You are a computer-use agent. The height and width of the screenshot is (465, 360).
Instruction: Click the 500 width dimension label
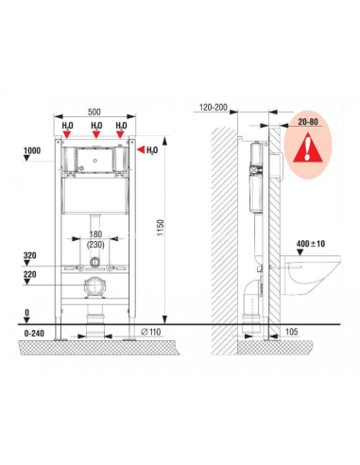coord(94,112)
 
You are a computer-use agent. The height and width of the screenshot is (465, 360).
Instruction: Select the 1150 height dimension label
coord(161,228)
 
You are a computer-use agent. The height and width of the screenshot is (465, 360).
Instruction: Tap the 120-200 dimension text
coord(214,108)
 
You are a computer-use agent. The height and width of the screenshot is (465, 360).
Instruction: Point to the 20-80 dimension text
coord(308,122)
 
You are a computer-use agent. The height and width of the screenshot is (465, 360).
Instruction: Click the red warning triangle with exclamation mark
coord(307,147)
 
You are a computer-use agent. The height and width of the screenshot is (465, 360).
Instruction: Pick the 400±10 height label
coord(311,244)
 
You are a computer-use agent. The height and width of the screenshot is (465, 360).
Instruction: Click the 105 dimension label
coord(291,332)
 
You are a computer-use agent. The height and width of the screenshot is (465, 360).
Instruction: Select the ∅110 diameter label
coord(151,332)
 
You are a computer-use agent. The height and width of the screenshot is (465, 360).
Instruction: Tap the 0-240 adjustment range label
coord(34,333)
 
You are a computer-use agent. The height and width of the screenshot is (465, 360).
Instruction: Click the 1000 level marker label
coord(32,150)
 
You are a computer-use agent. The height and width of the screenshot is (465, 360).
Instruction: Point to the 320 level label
coord(30,255)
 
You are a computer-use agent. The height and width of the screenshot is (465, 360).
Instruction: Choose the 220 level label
coord(30,274)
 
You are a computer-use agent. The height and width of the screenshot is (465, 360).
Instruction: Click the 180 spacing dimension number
coord(95,234)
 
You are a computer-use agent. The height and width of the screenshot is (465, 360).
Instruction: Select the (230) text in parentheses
coord(95,244)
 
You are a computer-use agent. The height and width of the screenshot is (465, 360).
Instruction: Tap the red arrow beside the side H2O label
coord(141,150)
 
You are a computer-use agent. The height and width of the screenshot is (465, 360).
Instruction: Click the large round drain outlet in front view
coord(94,286)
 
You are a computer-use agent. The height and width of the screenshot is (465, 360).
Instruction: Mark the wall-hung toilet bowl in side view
coord(311,275)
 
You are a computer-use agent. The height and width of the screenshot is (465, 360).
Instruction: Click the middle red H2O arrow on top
coord(96,134)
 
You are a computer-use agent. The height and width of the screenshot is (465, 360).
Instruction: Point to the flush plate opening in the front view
coord(94,161)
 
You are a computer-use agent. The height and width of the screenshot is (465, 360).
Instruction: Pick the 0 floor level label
coord(27,313)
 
